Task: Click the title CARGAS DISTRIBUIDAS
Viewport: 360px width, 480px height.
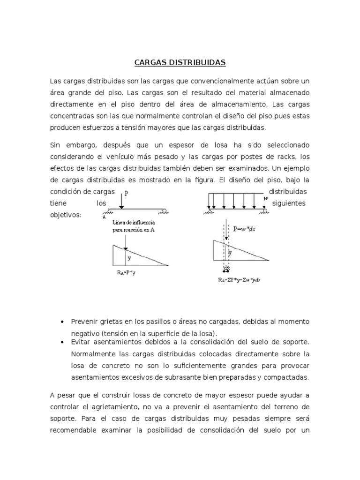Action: pyautogui.click(x=180, y=62)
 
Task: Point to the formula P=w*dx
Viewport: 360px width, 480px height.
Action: pyautogui.click(x=247, y=229)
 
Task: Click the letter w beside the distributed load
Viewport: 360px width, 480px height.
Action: pyautogui.click(x=266, y=198)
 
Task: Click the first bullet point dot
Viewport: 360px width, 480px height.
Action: pyautogui.click(x=63, y=322)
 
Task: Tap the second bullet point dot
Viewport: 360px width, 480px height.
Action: pyautogui.click(x=63, y=343)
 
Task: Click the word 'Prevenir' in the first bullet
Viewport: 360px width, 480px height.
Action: pyautogui.click(x=84, y=322)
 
